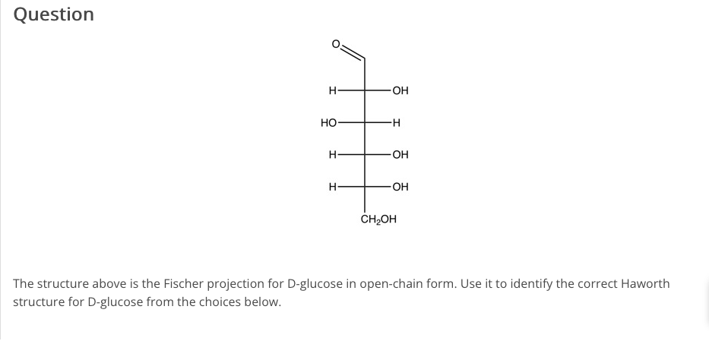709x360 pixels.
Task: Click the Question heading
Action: pos(54,14)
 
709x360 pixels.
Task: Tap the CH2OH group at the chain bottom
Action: pos(378,220)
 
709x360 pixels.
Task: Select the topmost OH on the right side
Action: pos(400,91)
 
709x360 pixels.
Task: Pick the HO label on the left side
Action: pos(328,123)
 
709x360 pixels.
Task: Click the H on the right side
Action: pos(397,123)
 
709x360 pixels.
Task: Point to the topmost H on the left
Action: pos(332,91)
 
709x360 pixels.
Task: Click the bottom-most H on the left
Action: pos(332,187)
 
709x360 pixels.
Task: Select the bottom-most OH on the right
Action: pos(400,187)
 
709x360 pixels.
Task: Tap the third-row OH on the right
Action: pos(400,155)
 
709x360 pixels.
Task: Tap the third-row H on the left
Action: pos(332,155)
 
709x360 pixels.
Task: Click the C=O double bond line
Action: pos(353,52)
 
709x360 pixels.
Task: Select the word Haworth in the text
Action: pos(645,284)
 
